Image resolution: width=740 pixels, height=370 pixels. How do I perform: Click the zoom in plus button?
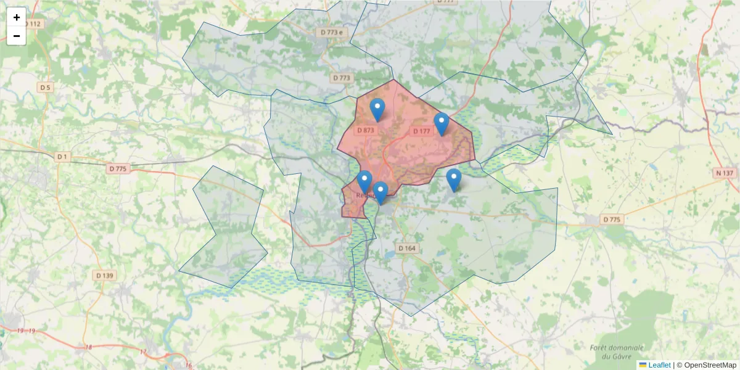click(17, 17)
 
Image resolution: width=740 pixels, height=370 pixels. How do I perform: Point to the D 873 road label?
click(366, 130)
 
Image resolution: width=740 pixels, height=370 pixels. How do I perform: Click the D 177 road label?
click(422, 131)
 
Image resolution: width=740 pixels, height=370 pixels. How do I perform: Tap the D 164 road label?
click(407, 248)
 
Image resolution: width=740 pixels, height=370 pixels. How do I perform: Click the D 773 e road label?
click(331, 32)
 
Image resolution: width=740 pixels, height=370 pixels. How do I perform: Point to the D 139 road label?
click(105, 275)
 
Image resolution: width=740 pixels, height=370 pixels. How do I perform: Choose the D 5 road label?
click(46, 88)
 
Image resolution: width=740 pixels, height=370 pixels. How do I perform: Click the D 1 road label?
click(62, 157)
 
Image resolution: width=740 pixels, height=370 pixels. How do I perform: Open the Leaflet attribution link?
click(655, 365)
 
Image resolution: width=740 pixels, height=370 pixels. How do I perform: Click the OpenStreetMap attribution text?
click(710, 365)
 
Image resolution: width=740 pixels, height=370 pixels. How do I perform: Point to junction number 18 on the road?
click(88, 347)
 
